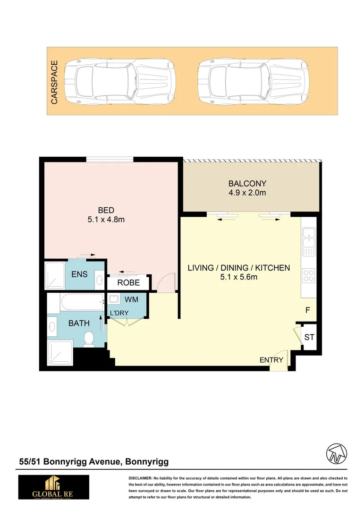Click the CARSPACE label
pyautogui.click(x=54, y=82)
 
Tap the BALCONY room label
pyautogui.click(x=247, y=184)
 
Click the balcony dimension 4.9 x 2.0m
pyautogui.click(x=247, y=193)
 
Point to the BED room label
pyautogui.click(x=106, y=210)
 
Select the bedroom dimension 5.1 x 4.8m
pyautogui.click(x=106, y=220)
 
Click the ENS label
pyautogui.click(x=79, y=274)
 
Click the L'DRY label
pyautogui.click(x=119, y=314)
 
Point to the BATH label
pyautogui.click(x=79, y=324)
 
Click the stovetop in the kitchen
pyautogui.click(x=308, y=275)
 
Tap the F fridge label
pyautogui.click(x=308, y=310)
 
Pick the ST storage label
pyautogui.click(x=309, y=338)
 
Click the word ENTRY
pyautogui.click(x=271, y=360)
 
